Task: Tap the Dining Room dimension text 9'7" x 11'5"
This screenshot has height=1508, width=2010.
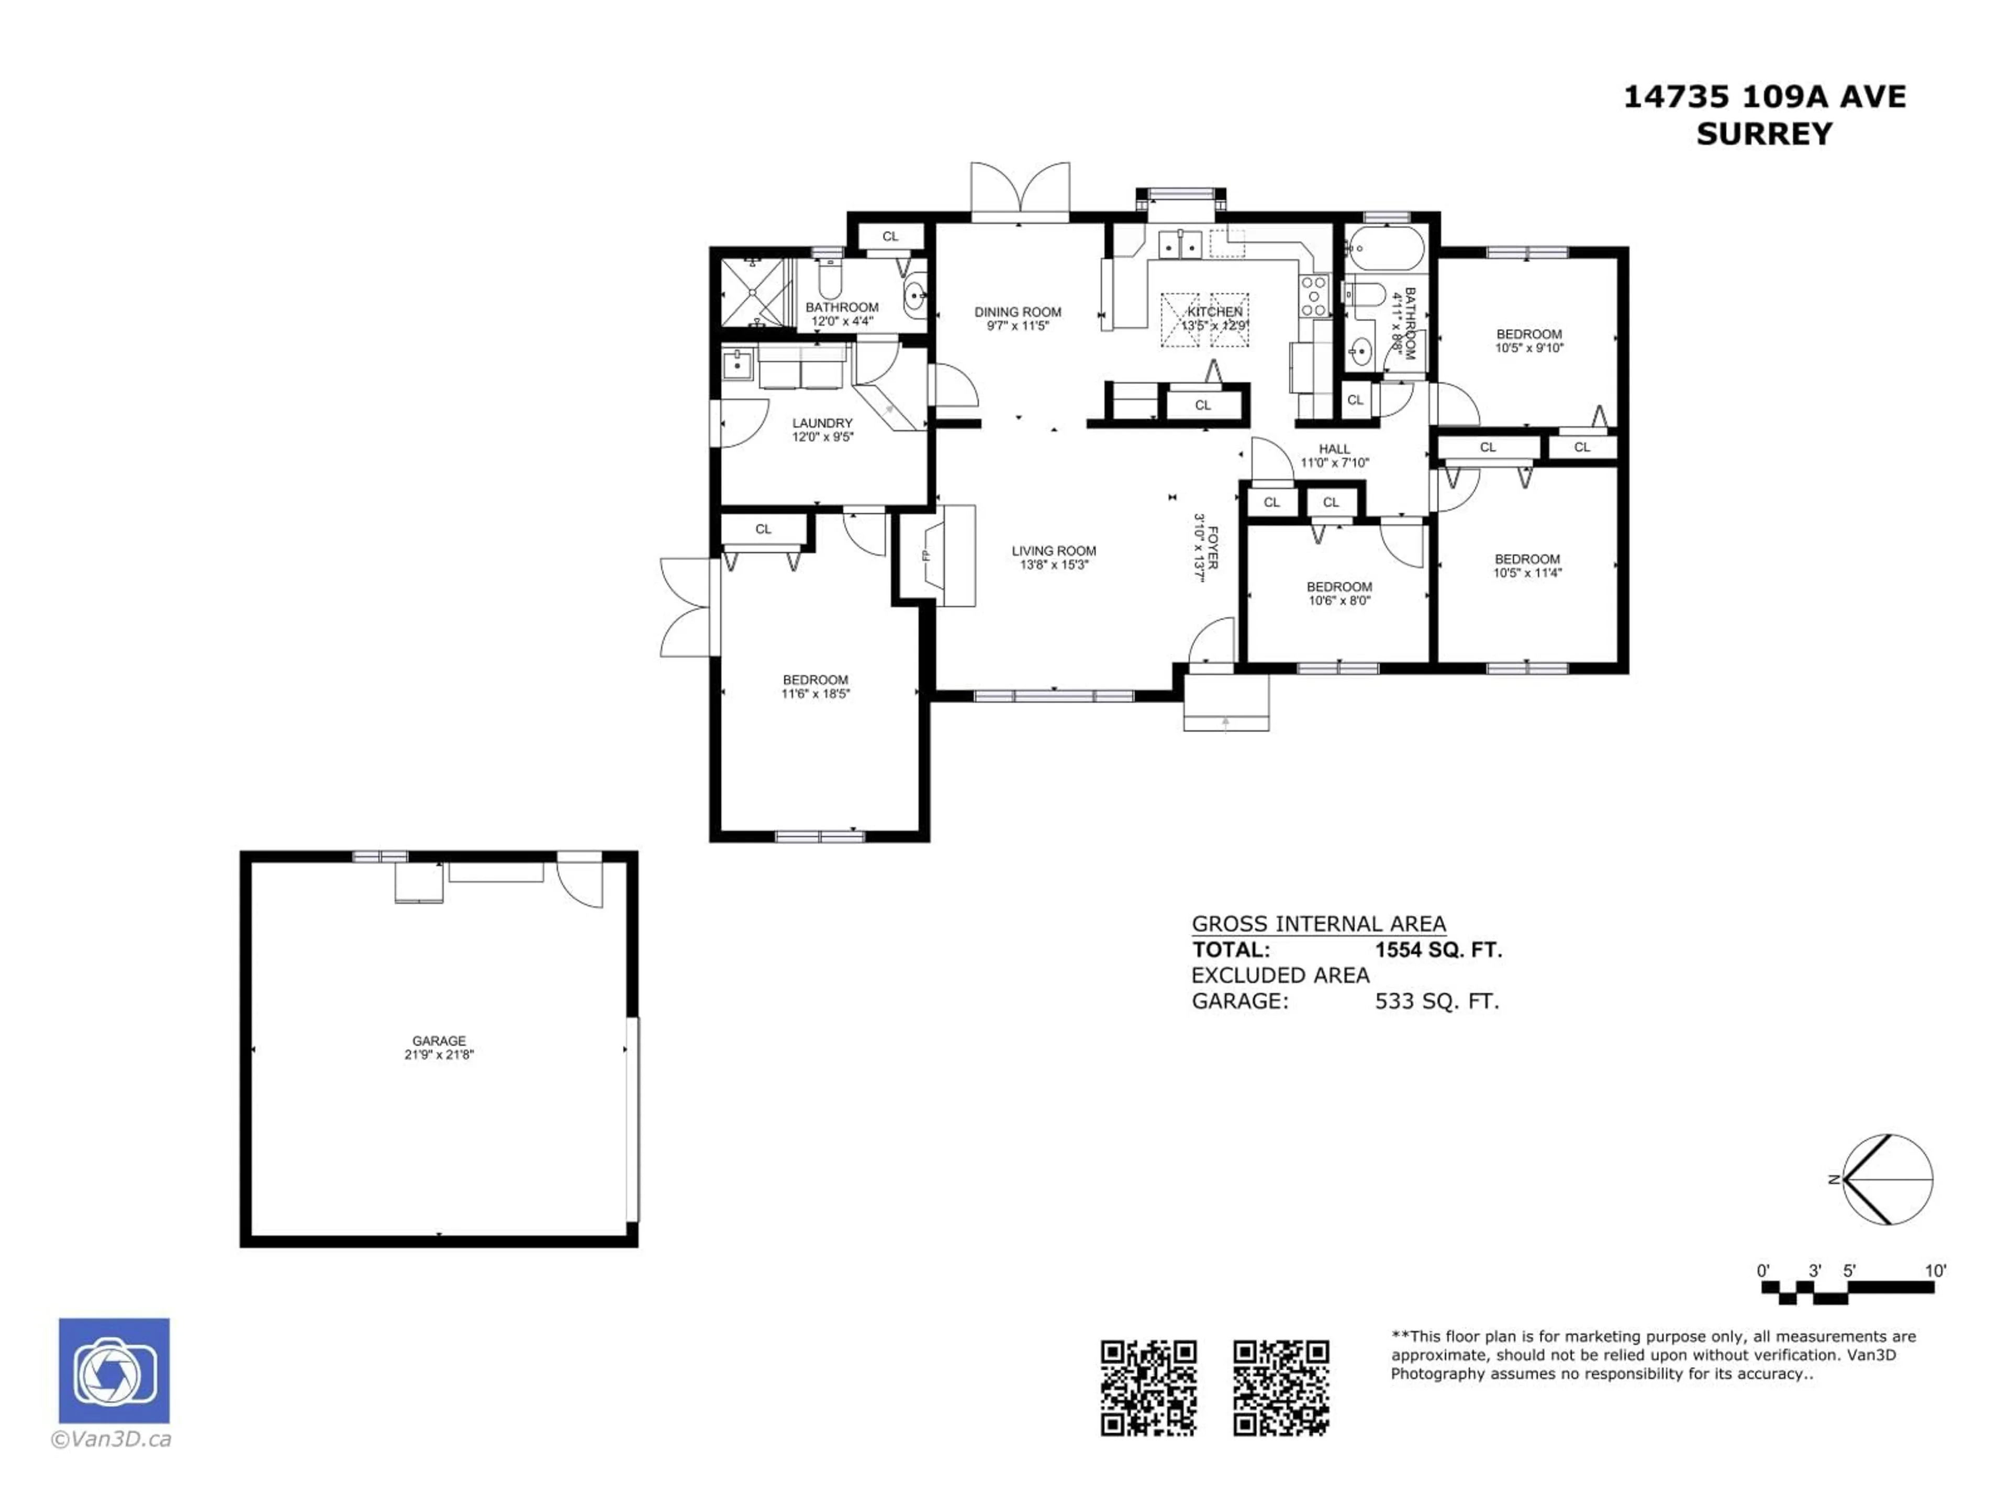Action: point(1018,325)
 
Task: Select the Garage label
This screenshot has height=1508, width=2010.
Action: point(439,1041)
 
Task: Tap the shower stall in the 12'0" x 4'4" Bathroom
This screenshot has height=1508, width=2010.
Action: point(752,293)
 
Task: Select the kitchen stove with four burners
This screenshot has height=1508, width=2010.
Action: point(1313,296)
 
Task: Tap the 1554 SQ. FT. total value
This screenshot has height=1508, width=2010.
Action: point(1437,950)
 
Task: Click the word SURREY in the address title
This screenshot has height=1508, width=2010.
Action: point(1764,134)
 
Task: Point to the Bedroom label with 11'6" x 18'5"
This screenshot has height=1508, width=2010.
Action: point(815,680)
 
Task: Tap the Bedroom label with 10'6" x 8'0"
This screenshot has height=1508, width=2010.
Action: point(1338,587)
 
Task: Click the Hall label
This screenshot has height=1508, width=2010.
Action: point(1334,449)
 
